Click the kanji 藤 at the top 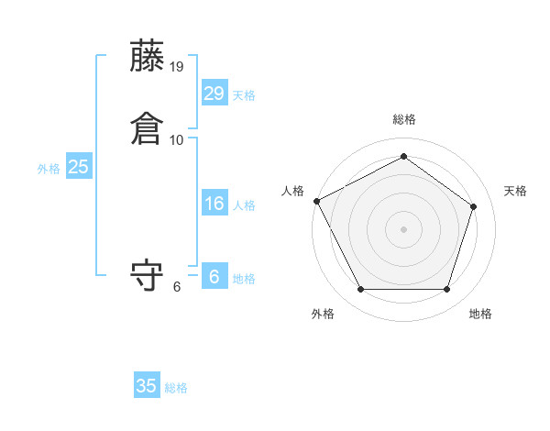148,57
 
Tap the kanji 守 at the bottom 148,276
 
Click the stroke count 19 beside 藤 177,67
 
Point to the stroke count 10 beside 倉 177,139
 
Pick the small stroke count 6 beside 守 177,286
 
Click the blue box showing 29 214,94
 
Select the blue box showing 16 214,204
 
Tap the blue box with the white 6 214,276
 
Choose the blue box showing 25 79,167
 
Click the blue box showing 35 147,386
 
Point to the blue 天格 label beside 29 244,95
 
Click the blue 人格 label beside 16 244,205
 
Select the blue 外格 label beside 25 49,169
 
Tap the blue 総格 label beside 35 176,388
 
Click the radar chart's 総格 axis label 403,119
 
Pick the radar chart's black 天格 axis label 516,191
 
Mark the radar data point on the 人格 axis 316,201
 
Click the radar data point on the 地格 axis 446,290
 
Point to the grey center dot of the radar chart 403,228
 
